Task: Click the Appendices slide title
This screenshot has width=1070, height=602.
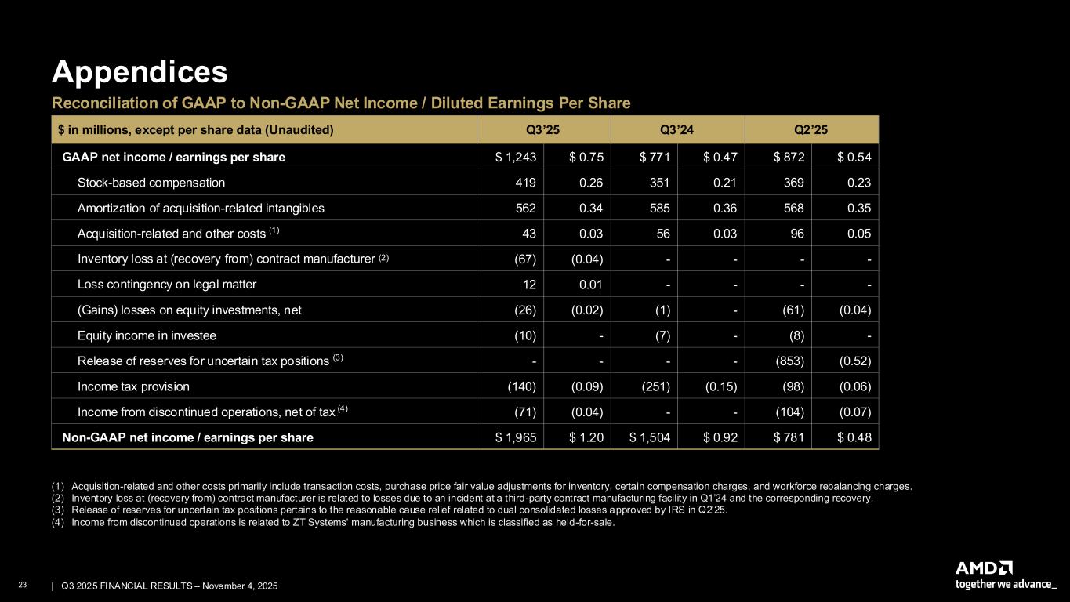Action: (140, 72)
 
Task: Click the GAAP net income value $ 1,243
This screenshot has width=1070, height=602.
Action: (515, 157)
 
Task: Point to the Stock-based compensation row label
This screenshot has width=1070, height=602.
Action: (151, 183)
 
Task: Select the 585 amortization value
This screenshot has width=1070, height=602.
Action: (657, 209)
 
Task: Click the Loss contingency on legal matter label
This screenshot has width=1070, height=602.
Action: (167, 285)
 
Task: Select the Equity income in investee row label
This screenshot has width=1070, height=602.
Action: (147, 335)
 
